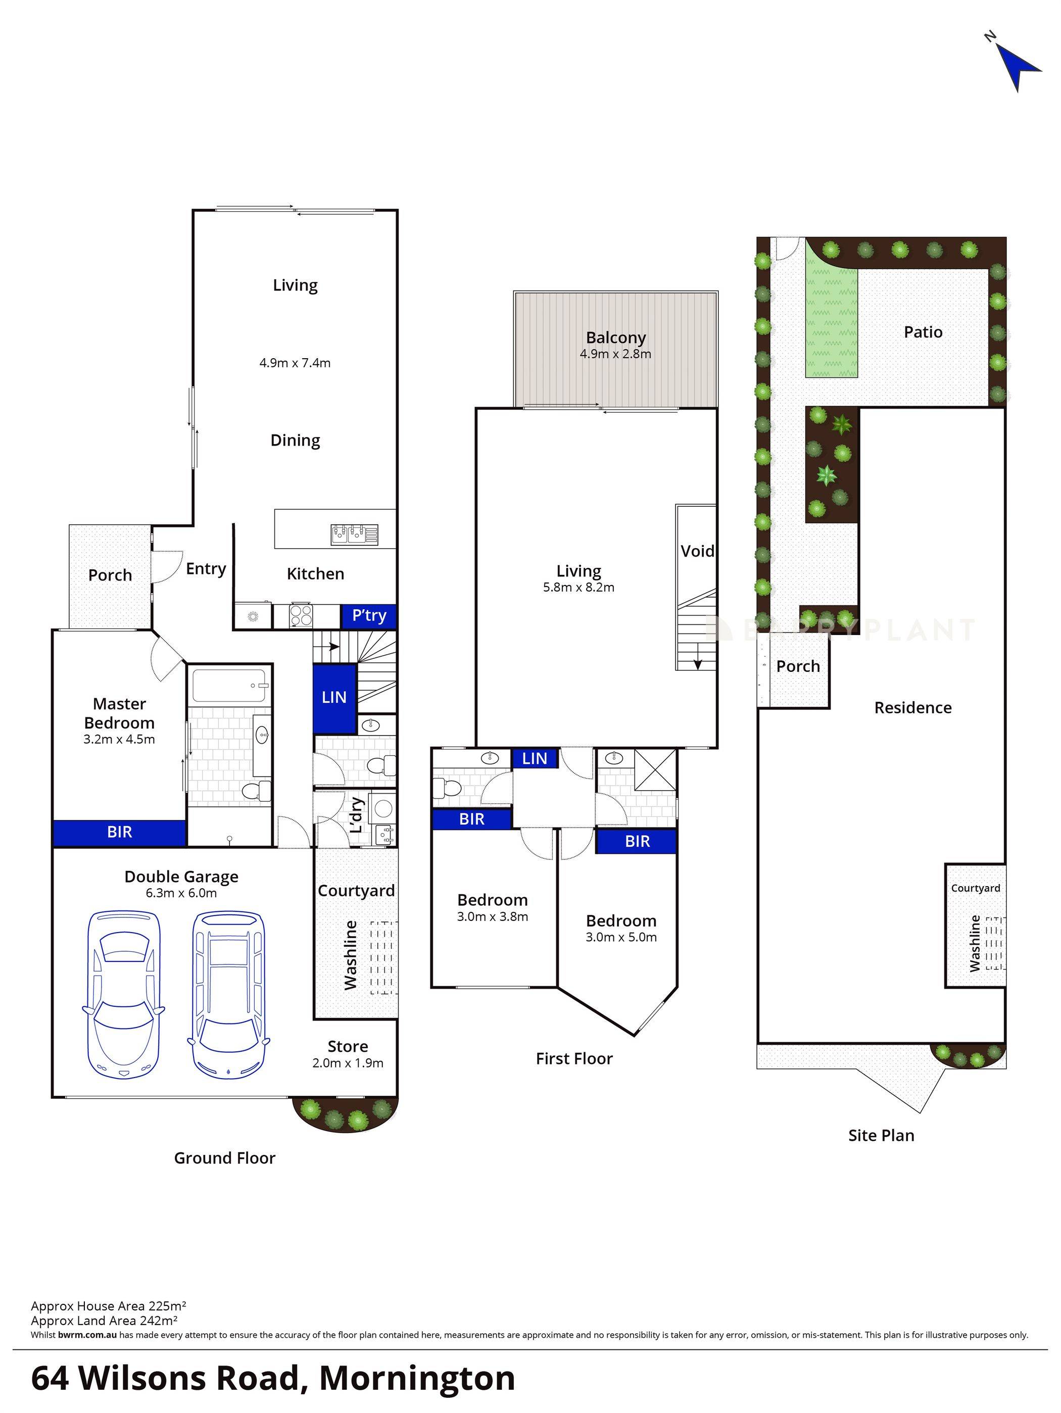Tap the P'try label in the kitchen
(369, 616)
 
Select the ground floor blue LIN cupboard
(334, 698)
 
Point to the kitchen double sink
(354, 533)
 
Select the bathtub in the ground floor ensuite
(230, 688)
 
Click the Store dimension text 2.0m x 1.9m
(348, 1063)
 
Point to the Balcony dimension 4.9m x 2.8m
(615, 354)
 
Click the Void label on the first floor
(697, 551)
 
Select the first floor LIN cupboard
(535, 758)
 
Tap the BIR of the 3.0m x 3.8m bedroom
(471, 819)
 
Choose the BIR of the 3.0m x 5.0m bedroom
(637, 841)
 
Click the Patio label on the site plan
(923, 332)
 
